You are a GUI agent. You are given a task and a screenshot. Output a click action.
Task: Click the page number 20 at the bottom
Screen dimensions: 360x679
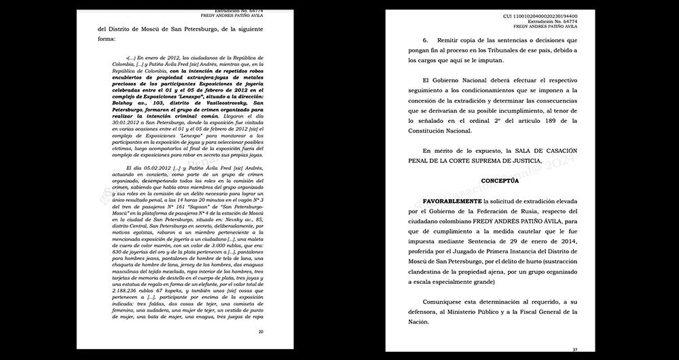tap(261, 331)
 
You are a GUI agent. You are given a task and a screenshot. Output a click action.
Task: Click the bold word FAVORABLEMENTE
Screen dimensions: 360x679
tap(451, 202)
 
